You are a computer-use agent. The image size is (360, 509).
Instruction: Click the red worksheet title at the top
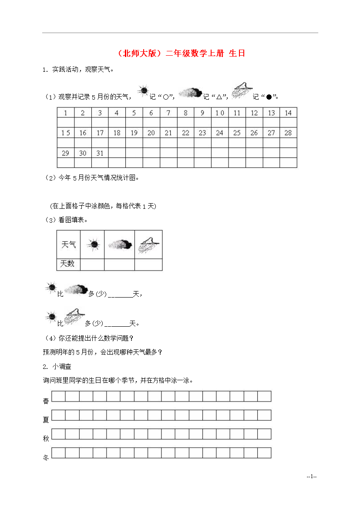pos(181,54)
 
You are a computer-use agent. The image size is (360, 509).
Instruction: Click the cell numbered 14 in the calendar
pos(288,113)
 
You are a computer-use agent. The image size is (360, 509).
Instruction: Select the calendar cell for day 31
pos(100,153)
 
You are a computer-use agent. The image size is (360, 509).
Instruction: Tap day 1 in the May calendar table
pos(66,113)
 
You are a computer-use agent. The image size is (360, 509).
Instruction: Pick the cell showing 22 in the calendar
pos(185,133)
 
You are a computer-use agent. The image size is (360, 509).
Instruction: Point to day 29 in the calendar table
pos(66,153)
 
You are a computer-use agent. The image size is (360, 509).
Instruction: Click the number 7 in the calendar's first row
pos(168,113)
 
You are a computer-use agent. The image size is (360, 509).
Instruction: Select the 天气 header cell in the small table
pos(69,245)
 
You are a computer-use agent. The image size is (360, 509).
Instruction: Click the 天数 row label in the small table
pos(67,264)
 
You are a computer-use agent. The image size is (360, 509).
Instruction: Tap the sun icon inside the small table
pos(93,244)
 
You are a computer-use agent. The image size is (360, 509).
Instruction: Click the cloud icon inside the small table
pos(120,244)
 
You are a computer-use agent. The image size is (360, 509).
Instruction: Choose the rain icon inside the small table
pos(148,244)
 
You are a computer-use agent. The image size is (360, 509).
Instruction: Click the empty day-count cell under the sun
pos(93,264)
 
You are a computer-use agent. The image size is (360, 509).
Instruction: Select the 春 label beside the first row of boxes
pos(46,401)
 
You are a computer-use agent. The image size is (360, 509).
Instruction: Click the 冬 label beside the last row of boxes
pos(46,457)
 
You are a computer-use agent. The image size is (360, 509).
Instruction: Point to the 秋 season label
pos(46,439)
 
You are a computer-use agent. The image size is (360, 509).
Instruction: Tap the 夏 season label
pos(46,420)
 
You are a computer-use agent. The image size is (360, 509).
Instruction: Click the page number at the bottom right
pos(311,477)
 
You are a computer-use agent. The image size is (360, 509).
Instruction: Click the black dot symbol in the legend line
pos(269,97)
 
